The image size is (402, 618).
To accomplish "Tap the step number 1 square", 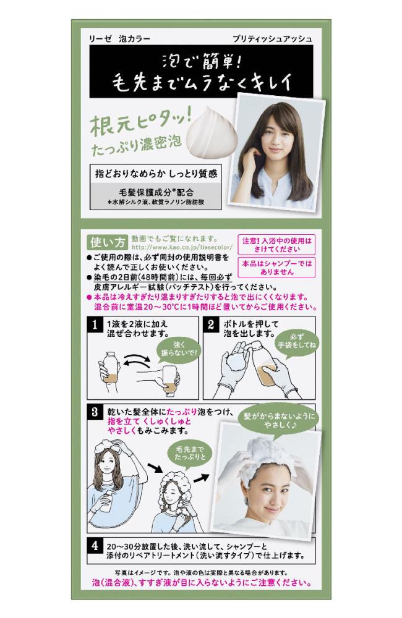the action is click(x=95, y=325).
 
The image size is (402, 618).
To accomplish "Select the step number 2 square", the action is click(x=211, y=325).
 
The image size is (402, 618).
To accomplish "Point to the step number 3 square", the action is click(x=95, y=412).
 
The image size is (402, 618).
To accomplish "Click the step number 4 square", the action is click(x=95, y=546).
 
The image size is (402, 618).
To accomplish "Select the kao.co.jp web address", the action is click(x=182, y=248).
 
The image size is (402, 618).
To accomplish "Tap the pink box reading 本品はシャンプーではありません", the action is click(x=276, y=268).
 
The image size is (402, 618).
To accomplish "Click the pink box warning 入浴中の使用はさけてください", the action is click(x=276, y=245).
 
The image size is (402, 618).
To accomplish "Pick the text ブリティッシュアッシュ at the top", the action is click(x=272, y=38).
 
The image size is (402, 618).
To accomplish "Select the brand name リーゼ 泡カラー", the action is click(x=119, y=38).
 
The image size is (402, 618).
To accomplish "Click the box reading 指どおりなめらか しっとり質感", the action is click(x=156, y=174).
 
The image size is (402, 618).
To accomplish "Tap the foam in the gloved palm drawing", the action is click(x=236, y=362).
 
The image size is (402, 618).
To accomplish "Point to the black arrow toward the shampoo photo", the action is click(x=202, y=478).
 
